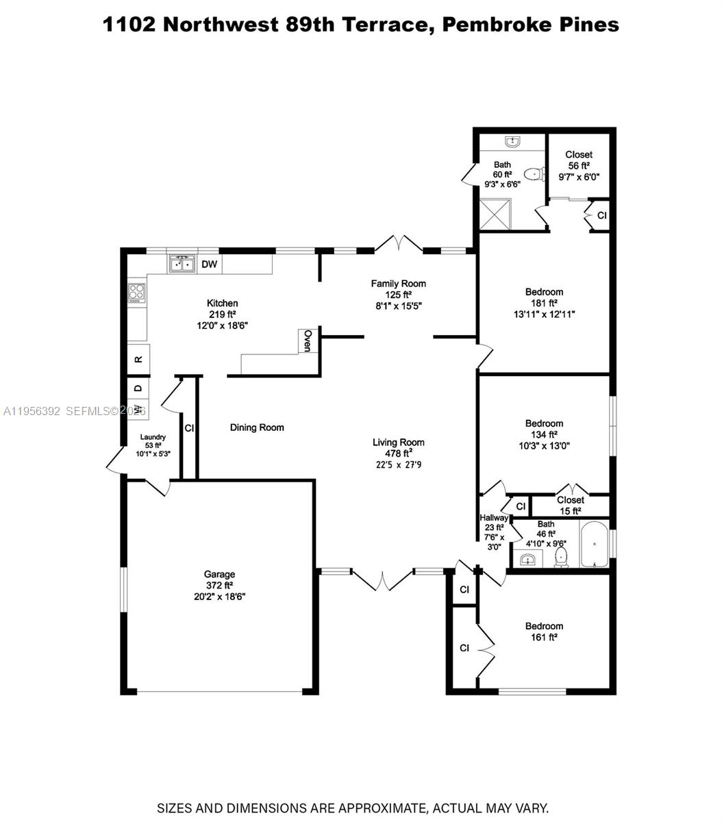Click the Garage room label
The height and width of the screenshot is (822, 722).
219,574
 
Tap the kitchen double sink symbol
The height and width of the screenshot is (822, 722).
182,264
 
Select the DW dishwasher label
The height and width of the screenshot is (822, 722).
210,264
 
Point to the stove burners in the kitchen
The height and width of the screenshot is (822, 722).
137,293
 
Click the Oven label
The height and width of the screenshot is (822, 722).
308,340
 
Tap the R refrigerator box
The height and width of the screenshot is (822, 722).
138,358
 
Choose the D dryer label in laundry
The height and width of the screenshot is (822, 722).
138,388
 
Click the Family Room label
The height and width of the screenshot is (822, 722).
398,283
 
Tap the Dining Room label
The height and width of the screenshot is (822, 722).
257,427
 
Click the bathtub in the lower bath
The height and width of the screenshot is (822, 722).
594,545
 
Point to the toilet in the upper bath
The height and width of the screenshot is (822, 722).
532,174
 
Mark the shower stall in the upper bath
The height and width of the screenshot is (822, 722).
495,214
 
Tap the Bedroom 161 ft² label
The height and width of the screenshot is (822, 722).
544,631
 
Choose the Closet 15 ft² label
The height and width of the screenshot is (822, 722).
570,505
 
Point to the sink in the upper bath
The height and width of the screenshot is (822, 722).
513,142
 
